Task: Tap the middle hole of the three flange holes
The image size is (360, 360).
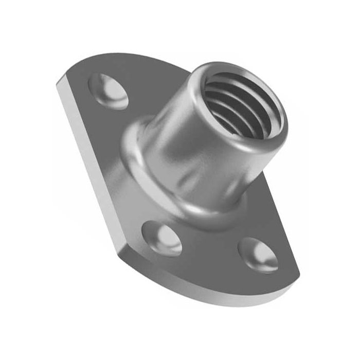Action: (162, 238)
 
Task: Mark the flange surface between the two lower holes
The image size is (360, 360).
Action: (211, 252)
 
